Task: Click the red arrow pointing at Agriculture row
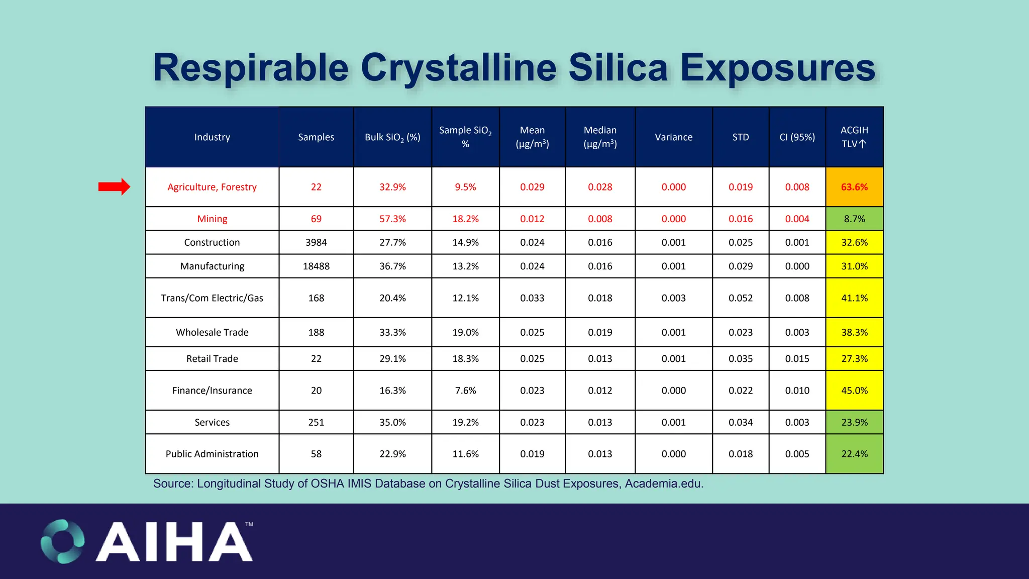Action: [114, 187]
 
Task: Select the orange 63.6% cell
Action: [854, 187]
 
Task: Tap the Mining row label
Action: [212, 219]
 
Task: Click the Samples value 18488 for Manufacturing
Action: [316, 266]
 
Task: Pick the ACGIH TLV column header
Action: [854, 137]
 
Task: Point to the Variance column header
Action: [673, 137]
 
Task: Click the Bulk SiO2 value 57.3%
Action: [392, 219]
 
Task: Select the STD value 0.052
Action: [740, 298]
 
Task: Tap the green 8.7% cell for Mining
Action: [854, 219]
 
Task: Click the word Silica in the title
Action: [618, 68]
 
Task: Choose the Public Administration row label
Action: [212, 453]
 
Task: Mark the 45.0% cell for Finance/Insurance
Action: [854, 390]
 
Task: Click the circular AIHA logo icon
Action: [63, 541]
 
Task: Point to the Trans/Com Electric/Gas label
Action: [212, 298]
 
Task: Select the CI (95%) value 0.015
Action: [797, 358]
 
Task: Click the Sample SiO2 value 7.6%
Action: [465, 390]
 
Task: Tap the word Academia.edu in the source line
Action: [664, 484]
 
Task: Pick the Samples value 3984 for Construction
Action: [316, 242]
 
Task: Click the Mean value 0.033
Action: [532, 298]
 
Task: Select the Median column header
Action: [600, 137]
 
